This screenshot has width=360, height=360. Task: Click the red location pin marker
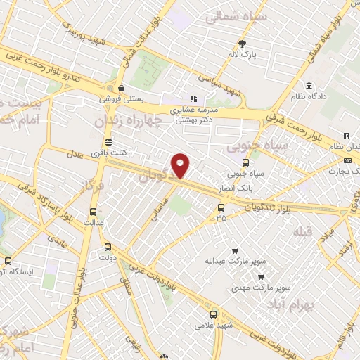181,165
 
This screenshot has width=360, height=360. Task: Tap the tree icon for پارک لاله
243,42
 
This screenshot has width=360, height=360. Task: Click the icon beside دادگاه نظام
309,86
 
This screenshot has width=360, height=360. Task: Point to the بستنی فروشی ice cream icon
122,89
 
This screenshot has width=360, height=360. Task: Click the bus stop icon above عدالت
94,212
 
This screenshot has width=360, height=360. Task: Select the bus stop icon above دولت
108,247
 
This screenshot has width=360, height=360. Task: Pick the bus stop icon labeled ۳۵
221,207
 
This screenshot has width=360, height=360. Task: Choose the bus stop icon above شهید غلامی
214,314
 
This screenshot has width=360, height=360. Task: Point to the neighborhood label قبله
303,231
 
